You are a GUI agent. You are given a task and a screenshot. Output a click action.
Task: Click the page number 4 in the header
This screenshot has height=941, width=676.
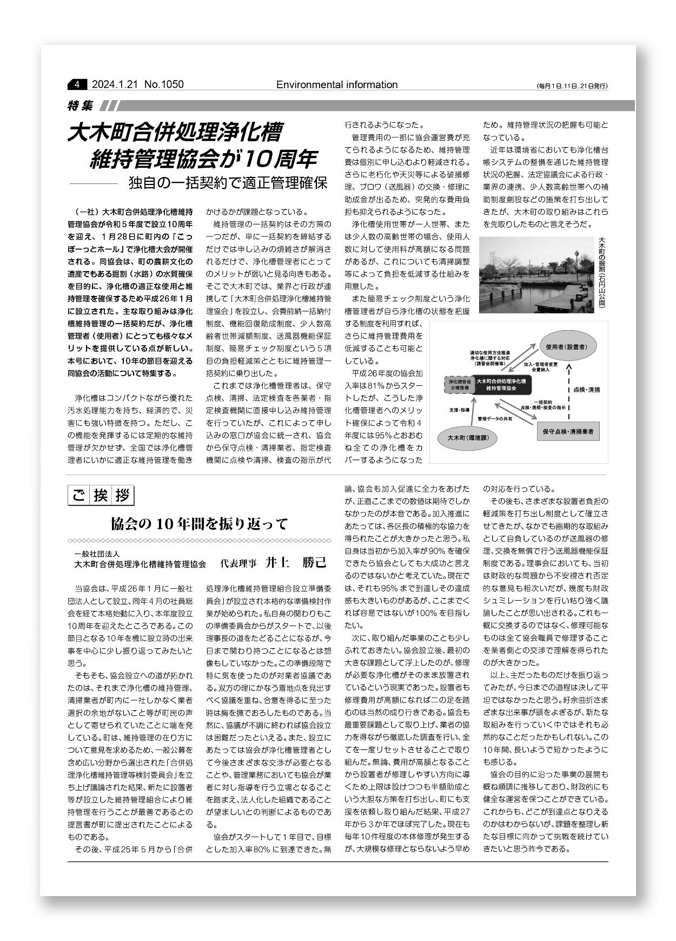77,84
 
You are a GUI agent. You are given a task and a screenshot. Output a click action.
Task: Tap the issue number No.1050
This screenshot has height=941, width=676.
164,84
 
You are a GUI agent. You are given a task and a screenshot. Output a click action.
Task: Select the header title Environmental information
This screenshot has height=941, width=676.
336,84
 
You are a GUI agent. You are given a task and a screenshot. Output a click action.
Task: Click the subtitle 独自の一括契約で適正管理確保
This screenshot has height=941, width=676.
228,183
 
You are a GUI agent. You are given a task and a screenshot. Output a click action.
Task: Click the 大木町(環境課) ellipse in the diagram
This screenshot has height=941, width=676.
468,437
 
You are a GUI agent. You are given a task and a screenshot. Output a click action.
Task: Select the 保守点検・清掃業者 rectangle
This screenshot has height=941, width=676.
568,431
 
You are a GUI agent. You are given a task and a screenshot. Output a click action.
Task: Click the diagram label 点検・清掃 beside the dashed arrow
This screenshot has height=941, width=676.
586,390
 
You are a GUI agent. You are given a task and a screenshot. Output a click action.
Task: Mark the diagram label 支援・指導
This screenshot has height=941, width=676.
459,411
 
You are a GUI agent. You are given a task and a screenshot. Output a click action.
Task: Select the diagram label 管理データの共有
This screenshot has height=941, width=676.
495,419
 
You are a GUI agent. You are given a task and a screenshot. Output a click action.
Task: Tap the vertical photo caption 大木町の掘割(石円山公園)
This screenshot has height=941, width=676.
601,273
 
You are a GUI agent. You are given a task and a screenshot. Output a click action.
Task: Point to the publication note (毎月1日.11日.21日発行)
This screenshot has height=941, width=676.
572,86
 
